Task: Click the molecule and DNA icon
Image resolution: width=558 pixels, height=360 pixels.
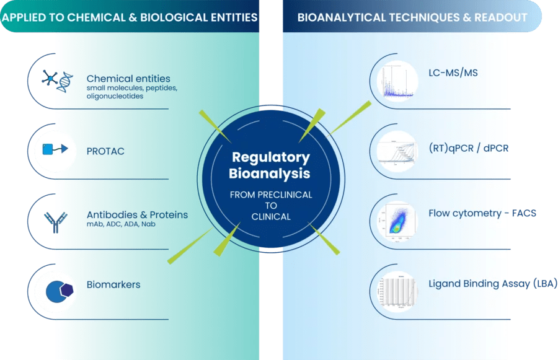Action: (56, 79)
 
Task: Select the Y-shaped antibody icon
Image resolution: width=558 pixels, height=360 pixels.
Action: (52, 221)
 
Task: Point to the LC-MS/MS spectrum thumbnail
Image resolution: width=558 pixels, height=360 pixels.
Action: (397, 79)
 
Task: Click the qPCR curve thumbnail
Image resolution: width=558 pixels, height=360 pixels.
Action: (397, 150)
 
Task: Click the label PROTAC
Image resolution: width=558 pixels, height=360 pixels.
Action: (105, 151)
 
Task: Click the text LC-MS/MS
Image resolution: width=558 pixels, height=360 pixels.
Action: (453, 73)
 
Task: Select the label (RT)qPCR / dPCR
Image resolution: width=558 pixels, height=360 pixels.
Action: (468, 148)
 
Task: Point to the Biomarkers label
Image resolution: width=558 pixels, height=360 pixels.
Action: (113, 285)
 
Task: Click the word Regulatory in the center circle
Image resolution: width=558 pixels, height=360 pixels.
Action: (270, 157)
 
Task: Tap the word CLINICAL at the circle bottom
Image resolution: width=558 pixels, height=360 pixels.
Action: (271, 217)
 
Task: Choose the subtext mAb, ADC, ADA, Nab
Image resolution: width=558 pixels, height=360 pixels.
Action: (121, 224)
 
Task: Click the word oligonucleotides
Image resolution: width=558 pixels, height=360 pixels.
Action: (115, 96)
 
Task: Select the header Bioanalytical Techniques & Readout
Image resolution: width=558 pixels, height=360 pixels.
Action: (412, 17)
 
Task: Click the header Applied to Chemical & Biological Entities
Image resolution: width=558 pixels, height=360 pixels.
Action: (130, 17)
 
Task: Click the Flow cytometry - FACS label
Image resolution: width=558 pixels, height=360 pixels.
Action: (482, 213)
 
